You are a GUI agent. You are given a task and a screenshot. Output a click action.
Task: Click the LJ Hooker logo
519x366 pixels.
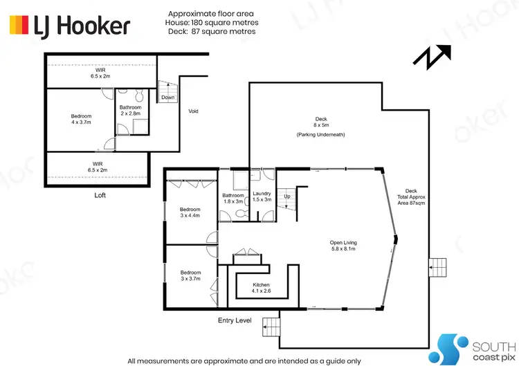coord(69,26)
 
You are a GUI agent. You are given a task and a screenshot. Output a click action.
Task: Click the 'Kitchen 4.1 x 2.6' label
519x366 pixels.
coord(261,289)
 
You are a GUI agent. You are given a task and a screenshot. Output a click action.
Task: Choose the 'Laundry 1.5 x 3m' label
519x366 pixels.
coord(262,197)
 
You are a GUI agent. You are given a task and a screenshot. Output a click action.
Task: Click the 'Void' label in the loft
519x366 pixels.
coord(194,111)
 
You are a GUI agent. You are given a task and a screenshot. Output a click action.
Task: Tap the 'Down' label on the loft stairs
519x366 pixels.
coord(168,98)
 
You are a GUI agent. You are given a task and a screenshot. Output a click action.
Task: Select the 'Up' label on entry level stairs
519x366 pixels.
coord(287,196)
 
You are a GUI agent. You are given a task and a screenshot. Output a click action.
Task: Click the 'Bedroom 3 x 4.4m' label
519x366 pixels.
coord(190,213)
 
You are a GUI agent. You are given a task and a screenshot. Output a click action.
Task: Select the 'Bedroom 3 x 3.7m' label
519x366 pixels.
coord(190,275)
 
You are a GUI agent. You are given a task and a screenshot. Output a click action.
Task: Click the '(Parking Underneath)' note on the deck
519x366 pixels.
coord(320,134)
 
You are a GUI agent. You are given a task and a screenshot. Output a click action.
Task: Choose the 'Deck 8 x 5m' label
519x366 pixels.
coord(320,122)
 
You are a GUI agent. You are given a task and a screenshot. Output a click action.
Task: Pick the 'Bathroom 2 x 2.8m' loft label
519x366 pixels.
coord(130,111)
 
